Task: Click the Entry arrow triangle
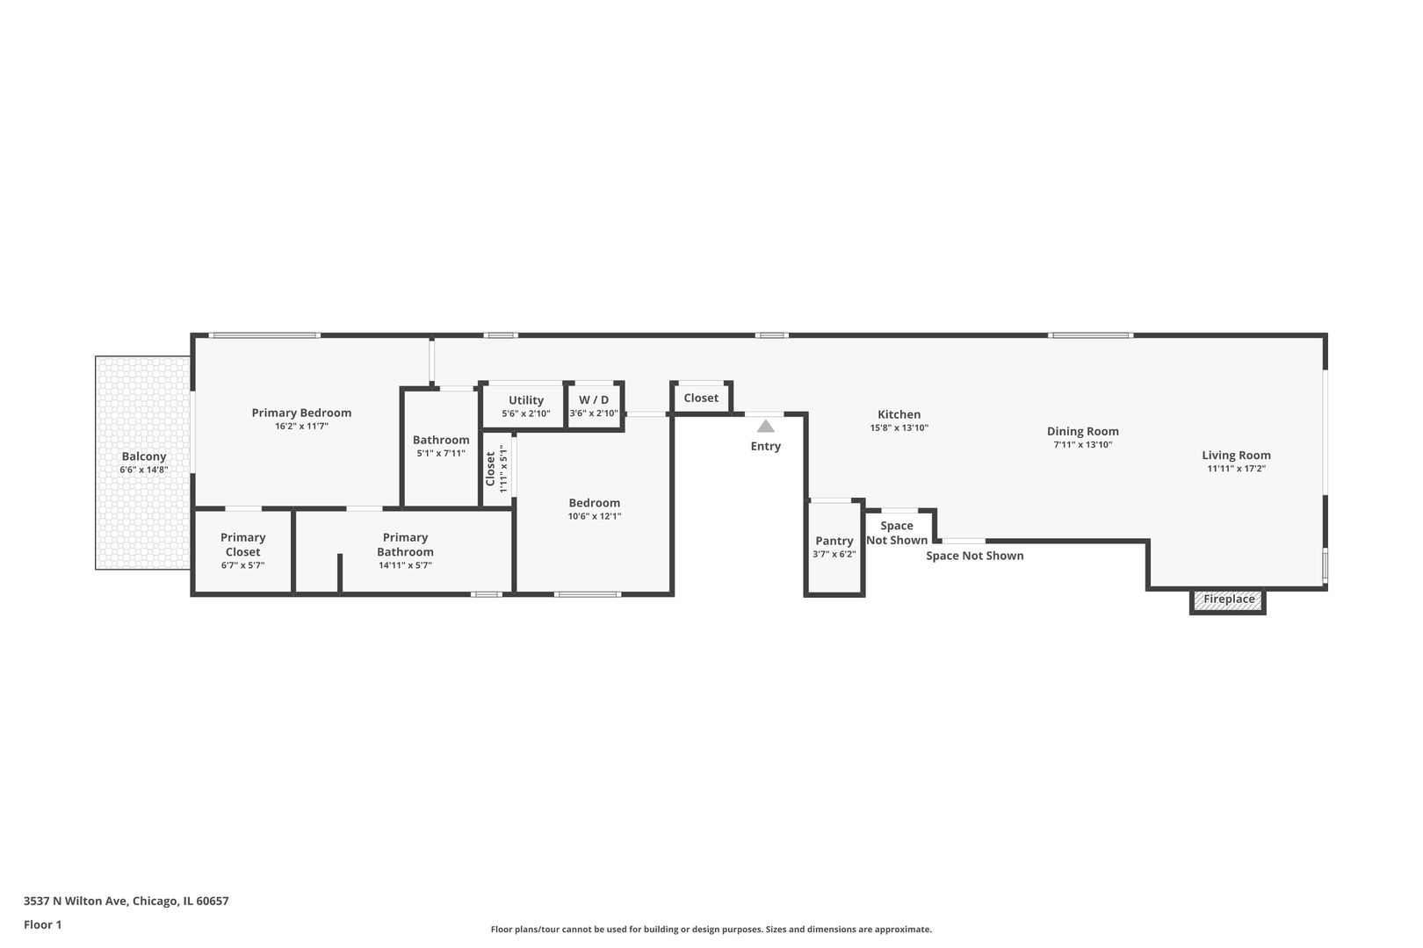(x=766, y=427)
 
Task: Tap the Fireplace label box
(x=1228, y=600)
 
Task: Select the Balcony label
(x=143, y=456)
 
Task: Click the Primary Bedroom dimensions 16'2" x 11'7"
(x=301, y=426)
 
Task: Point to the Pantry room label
(x=834, y=541)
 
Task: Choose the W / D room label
(x=594, y=399)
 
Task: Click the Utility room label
(x=525, y=400)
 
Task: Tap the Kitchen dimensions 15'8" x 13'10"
(x=899, y=428)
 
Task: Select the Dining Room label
(x=1082, y=431)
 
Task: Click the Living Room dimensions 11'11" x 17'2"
(x=1236, y=469)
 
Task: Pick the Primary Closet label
(x=242, y=544)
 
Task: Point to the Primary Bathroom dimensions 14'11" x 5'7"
(x=405, y=565)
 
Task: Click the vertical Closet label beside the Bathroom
(x=490, y=468)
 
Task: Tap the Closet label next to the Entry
(x=701, y=398)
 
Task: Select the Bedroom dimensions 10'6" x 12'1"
(x=594, y=516)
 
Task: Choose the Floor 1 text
(x=42, y=924)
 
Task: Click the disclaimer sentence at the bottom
(x=711, y=929)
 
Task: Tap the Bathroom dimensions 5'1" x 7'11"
(x=441, y=454)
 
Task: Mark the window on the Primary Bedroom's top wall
(x=264, y=335)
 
